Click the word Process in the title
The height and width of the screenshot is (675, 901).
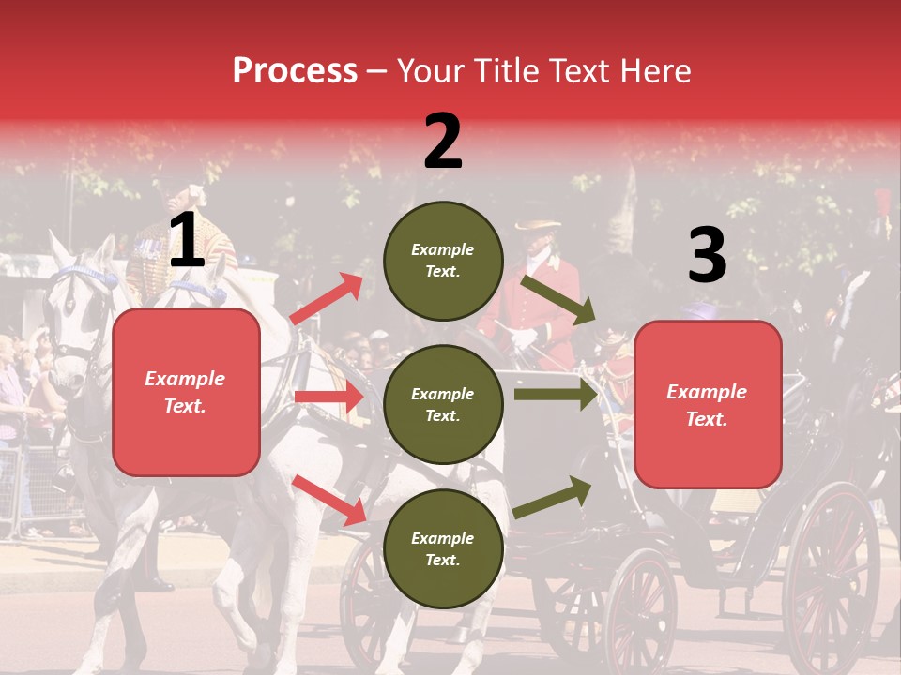click(295, 71)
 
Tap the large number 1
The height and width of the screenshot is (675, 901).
click(187, 242)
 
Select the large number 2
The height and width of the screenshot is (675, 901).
click(443, 142)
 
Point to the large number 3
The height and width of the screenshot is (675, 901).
click(707, 256)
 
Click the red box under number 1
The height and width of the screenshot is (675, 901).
click(186, 392)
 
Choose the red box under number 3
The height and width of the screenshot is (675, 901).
click(708, 405)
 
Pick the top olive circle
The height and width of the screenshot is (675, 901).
click(443, 261)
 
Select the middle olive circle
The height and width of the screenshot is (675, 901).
click(443, 404)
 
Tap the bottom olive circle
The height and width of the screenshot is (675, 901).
click(443, 548)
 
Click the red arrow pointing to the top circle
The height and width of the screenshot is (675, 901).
click(327, 299)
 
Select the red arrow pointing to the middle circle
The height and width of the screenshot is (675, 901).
click(328, 397)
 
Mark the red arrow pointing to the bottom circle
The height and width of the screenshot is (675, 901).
click(329, 500)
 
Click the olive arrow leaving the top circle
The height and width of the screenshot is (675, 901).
click(557, 299)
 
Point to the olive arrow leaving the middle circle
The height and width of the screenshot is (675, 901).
click(556, 394)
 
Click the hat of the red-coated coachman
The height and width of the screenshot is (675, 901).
click(537, 226)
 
